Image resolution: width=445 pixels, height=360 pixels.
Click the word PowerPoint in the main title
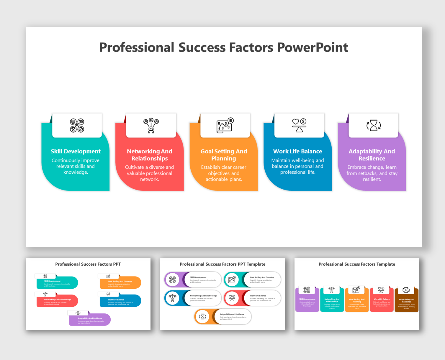point(313,47)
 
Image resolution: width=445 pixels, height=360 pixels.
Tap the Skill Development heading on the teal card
point(76,151)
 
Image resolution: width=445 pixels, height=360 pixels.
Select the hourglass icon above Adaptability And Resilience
point(374,125)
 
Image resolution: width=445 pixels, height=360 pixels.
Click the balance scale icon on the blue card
point(299,125)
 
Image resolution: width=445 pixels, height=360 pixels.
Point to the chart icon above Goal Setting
point(225,125)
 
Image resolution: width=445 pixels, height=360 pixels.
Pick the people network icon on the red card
point(151,125)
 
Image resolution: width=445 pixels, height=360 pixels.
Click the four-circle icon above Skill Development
point(77,125)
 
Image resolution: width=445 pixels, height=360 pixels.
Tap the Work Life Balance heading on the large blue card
point(297,151)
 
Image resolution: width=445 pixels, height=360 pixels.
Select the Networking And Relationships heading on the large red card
point(150,155)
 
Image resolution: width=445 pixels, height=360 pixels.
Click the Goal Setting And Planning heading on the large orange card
point(224,155)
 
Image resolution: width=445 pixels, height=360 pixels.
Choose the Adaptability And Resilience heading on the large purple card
point(372,155)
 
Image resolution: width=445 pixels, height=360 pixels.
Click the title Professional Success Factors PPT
point(88,264)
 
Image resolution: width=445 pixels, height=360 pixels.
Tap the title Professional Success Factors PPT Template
point(222,264)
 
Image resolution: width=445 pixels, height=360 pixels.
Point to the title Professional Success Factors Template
point(357,264)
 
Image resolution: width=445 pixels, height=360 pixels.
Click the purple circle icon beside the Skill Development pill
point(173,280)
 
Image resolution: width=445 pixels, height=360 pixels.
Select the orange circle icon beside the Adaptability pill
point(202,317)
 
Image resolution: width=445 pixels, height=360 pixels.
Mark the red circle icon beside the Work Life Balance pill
point(232,298)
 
